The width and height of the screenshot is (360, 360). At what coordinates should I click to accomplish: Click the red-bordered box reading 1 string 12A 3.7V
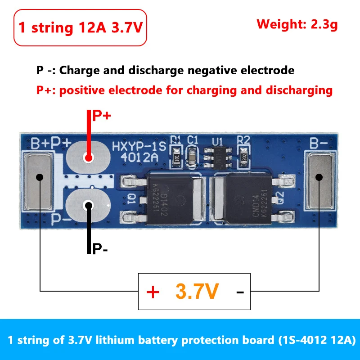(81, 27)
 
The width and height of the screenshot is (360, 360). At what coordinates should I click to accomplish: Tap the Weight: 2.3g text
(297, 24)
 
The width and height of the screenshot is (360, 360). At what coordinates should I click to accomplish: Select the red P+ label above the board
(102, 116)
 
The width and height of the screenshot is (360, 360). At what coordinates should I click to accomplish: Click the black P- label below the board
(100, 249)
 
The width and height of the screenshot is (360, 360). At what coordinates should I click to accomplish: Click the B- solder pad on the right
(320, 181)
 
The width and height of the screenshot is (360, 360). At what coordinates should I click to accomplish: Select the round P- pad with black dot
(88, 206)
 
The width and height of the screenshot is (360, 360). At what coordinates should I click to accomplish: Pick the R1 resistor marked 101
(177, 157)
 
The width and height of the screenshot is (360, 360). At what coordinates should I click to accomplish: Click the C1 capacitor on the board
(193, 157)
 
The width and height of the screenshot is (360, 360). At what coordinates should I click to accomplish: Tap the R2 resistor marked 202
(243, 157)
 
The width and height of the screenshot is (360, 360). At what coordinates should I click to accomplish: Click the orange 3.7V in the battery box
(197, 292)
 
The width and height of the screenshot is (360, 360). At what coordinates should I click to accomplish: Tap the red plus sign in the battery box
(153, 292)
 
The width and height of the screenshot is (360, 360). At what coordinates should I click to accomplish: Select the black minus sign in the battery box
(240, 293)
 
